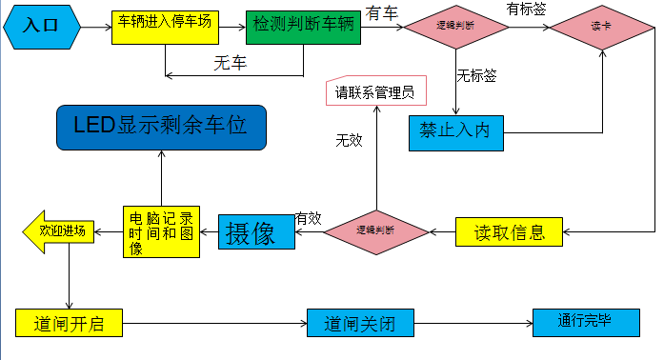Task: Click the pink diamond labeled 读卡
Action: tap(601, 27)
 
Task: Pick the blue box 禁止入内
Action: tap(456, 132)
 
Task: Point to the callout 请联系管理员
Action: tap(375, 92)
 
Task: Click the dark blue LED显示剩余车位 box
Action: tap(160, 127)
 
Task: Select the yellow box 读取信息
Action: tap(510, 231)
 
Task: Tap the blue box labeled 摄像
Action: tap(250, 232)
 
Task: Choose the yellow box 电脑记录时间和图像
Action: tap(161, 231)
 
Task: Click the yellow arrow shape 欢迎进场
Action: tap(59, 231)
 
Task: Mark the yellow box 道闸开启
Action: tap(70, 323)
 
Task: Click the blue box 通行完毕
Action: tap(585, 322)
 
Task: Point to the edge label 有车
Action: tap(381, 11)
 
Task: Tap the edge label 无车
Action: tap(229, 64)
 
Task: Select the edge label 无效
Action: tap(349, 140)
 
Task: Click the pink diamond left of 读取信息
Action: tap(375, 230)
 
